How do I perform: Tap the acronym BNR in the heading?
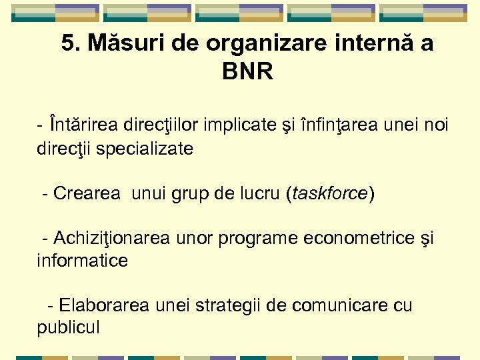[x=247, y=71]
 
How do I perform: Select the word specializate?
[x=145, y=149]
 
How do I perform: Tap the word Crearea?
[x=87, y=194]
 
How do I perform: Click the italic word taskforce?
[x=329, y=194]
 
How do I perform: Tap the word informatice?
[x=82, y=261]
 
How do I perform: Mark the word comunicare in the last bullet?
[x=351, y=306]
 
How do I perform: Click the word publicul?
[x=69, y=328]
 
